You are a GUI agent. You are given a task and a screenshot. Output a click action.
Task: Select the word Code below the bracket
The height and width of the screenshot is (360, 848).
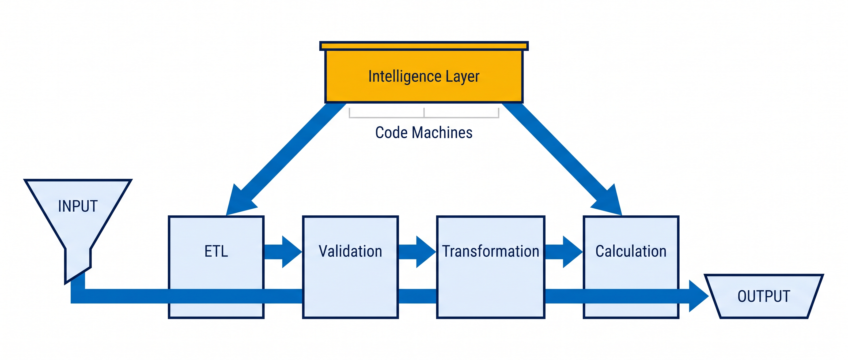click(391, 133)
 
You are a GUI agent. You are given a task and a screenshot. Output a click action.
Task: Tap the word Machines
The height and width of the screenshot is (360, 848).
click(442, 133)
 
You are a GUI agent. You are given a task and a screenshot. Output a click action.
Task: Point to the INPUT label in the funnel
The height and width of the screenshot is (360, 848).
click(78, 207)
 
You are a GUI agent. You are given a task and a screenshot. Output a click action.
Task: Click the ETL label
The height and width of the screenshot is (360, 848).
click(216, 251)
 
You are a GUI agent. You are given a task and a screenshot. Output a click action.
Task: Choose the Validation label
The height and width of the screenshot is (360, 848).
click(350, 251)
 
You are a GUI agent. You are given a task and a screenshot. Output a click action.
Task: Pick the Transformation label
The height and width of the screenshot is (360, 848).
click(490, 251)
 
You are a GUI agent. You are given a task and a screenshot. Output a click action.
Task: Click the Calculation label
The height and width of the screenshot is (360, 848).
click(631, 251)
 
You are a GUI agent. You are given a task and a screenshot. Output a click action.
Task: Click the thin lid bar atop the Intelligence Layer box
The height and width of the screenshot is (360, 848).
click(424, 46)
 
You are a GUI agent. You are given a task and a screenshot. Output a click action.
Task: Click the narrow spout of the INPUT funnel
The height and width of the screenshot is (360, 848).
click(78, 265)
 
